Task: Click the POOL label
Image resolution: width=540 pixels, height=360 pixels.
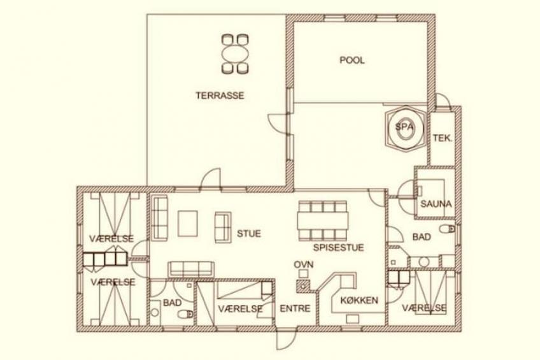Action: [352, 61]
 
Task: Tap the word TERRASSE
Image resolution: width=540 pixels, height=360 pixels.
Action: [220, 96]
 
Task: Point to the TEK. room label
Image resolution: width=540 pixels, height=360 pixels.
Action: [442, 138]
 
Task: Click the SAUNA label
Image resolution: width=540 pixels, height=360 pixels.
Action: [436, 204]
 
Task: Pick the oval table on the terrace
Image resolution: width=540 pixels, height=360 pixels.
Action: [236, 54]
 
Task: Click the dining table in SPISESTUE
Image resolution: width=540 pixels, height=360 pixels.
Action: [323, 220]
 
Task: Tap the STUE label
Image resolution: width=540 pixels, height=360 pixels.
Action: [248, 234]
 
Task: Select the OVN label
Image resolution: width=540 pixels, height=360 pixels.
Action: [303, 264]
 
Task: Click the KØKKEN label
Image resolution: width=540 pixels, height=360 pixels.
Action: [359, 300]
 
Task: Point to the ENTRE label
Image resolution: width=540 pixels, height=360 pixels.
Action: [295, 308]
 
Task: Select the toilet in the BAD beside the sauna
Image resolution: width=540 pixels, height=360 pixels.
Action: [448, 229]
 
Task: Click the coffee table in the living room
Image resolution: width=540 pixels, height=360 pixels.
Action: [188, 224]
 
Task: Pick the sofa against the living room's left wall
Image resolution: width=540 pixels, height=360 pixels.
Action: [159, 218]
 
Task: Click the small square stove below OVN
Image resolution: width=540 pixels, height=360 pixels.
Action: [303, 274]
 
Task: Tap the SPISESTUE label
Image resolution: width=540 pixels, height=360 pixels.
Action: [338, 248]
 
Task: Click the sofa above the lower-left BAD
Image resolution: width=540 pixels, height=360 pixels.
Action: [191, 269]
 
